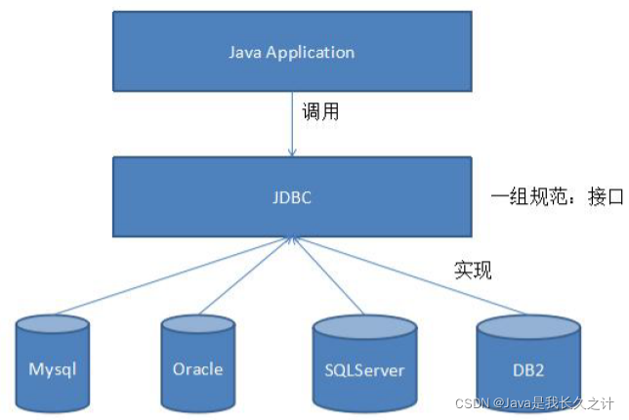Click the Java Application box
tap(292, 52)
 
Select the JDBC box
tap(292, 196)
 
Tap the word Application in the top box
tap(311, 53)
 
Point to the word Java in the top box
tap(245, 52)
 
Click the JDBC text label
tap(292, 197)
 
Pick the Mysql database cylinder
tap(53, 363)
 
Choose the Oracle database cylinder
tap(197, 363)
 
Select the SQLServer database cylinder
tap(364, 363)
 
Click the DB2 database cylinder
tap(528, 363)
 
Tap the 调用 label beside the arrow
tap(320, 111)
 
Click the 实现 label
tap(473, 270)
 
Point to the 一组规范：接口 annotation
tap(557, 197)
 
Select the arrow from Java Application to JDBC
tap(292, 124)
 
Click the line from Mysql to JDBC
tap(172, 275)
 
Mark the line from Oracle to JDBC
tap(245, 276)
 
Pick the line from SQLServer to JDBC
tap(328, 276)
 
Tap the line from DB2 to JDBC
tap(409, 276)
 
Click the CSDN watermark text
tap(534, 403)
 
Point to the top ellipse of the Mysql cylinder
tap(53, 324)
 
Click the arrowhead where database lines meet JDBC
tap(292, 240)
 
